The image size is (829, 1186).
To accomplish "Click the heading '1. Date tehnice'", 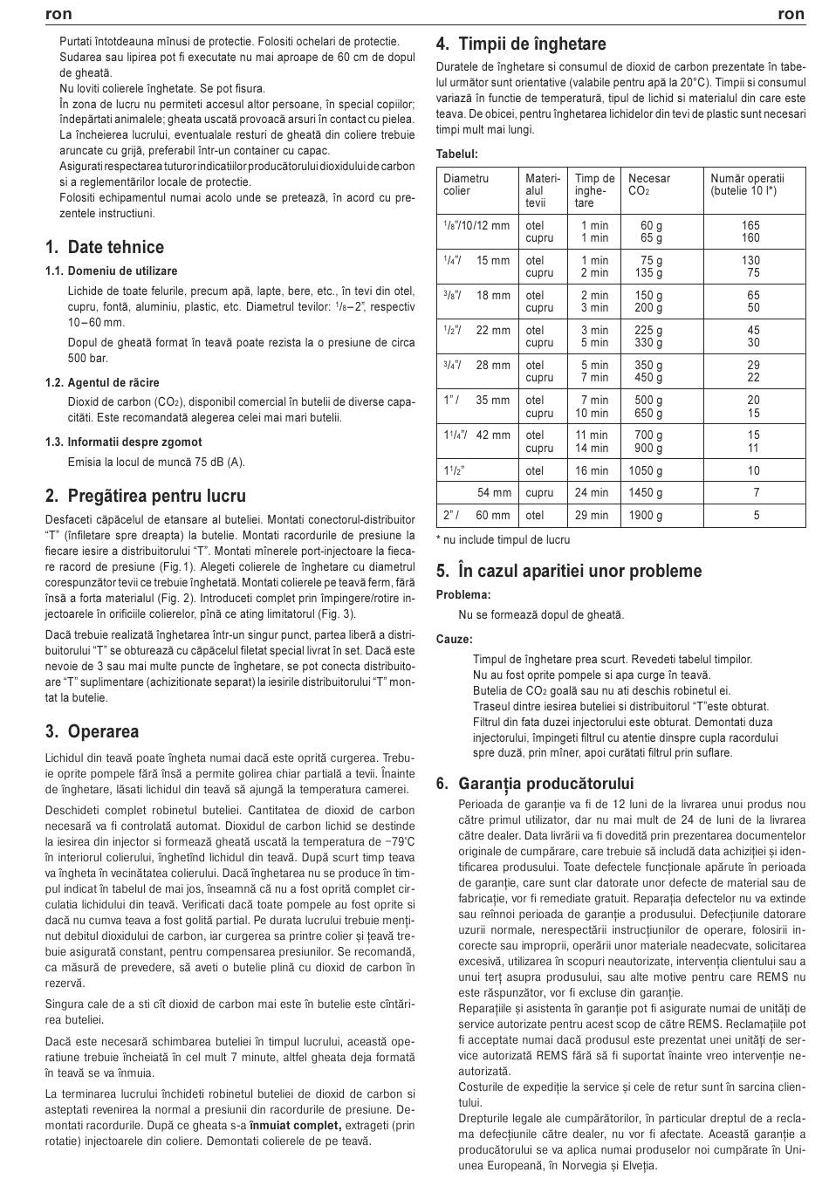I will click(105, 247).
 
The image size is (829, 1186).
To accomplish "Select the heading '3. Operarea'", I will click(92, 731).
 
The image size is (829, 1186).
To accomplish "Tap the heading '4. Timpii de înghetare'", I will click(521, 44).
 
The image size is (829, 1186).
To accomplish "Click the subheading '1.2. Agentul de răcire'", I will click(102, 382).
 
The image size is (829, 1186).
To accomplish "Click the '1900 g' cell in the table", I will click(645, 515).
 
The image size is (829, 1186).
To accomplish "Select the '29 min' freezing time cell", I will click(592, 515).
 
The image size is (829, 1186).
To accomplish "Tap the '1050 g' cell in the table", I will click(645, 470).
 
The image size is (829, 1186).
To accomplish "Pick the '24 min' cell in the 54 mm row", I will click(592, 492).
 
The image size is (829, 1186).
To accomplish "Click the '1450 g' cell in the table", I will click(645, 492).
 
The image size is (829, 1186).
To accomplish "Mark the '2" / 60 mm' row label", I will click(476, 515).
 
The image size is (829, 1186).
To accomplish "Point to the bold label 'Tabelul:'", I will click(457, 154).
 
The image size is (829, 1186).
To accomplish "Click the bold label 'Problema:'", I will click(463, 594).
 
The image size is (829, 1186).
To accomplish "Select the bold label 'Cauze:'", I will click(455, 639).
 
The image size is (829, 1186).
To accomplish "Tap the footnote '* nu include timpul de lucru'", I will click(503, 539).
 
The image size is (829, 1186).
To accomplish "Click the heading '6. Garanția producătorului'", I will click(535, 783).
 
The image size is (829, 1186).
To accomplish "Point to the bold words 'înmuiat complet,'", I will click(295, 1125).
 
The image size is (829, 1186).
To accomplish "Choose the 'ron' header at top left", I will click(58, 14).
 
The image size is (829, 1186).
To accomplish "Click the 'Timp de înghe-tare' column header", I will click(594, 190).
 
